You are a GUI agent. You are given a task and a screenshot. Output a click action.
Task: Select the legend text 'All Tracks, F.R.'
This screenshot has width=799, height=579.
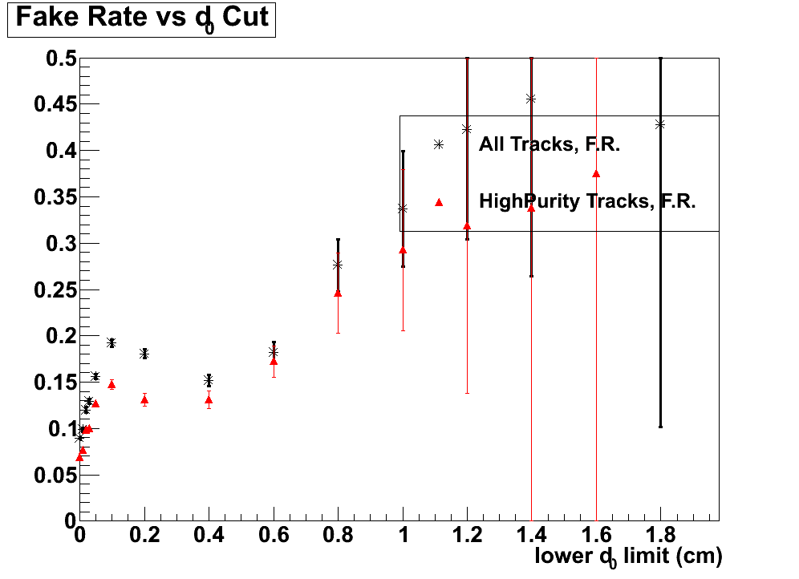tap(550, 145)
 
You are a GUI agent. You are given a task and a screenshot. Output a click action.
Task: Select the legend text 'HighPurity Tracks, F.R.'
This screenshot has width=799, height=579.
tap(587, 201)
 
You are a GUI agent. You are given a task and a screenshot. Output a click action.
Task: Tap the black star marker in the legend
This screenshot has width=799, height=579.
tap(439, 144)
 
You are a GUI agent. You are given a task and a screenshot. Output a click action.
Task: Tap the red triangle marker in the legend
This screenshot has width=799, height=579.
tap(439, 202)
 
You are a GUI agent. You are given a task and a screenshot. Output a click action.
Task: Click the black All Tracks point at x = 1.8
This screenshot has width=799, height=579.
tap(660, 124)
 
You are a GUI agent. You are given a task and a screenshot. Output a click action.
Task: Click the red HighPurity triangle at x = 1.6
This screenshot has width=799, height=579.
tap(596, 173)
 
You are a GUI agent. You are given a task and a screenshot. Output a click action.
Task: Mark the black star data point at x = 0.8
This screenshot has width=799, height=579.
tap(338, 265)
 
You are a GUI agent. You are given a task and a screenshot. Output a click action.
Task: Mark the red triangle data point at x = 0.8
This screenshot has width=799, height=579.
tap(338, 293)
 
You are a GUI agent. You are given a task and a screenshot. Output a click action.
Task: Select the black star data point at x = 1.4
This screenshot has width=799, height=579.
tap(531, 99)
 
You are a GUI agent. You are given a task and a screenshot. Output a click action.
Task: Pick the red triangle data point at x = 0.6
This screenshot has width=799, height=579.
tap(274, 361)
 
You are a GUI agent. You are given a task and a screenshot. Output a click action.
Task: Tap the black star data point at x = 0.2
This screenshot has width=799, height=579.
tap(144, 354)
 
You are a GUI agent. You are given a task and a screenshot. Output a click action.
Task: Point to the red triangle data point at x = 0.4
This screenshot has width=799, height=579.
tap(209, 399)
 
